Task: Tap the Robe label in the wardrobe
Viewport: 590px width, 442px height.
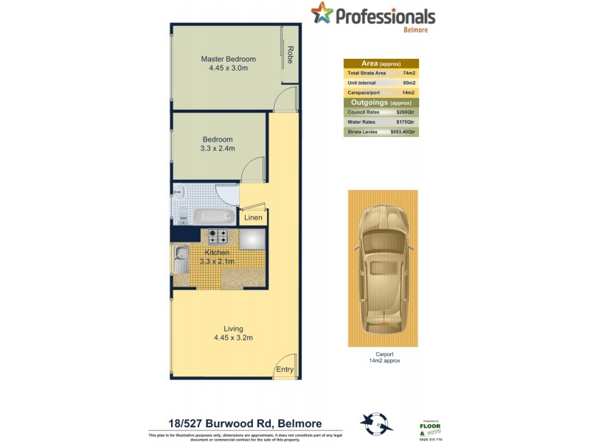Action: tap(291, 55)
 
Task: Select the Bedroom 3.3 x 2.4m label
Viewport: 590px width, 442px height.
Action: tap(218, 144)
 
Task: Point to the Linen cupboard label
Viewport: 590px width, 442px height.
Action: tap(253, 218)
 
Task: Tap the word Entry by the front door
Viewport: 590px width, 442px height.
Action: tap(284, 369)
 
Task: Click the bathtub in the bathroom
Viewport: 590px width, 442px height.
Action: tap(214, 217)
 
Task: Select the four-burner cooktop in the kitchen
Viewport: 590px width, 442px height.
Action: tap(218, 236)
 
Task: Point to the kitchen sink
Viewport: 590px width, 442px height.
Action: tap(181, 260)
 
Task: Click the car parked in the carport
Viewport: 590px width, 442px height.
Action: tap(382, 269)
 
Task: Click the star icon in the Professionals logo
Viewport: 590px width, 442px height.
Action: tap(322, 13)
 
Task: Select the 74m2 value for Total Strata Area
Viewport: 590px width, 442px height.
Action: tap(409, 74)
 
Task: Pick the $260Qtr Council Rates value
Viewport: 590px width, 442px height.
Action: tap(406, 112)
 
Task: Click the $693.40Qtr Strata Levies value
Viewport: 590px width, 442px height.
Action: tap(403, 132)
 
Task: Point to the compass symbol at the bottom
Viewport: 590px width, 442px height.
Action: tap(372, 424)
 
